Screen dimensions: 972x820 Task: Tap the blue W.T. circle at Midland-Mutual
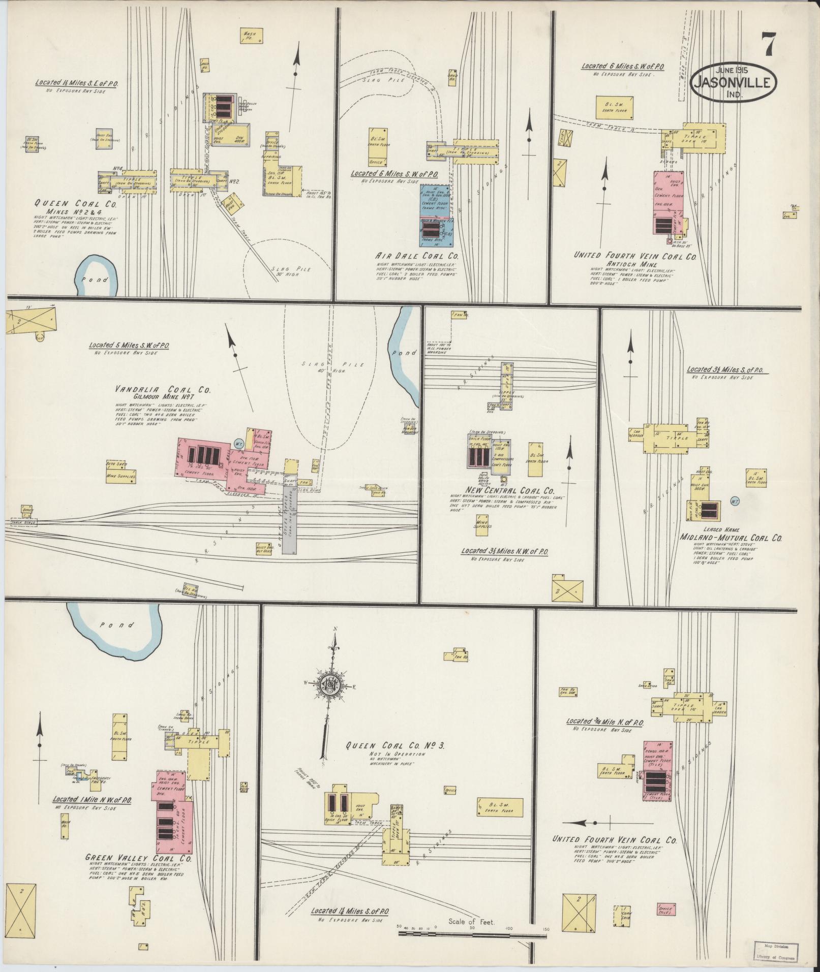coord(735,500)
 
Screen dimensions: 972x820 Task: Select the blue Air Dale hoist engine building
coord(436,202)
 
